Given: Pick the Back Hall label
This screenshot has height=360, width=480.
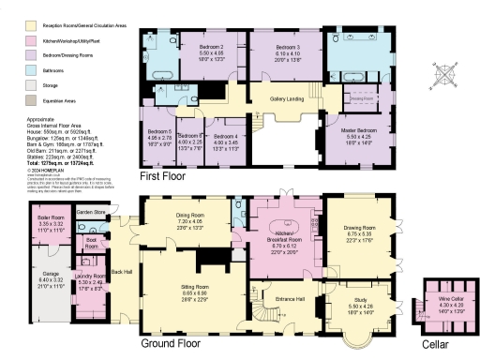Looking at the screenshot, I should pos(122,272).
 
